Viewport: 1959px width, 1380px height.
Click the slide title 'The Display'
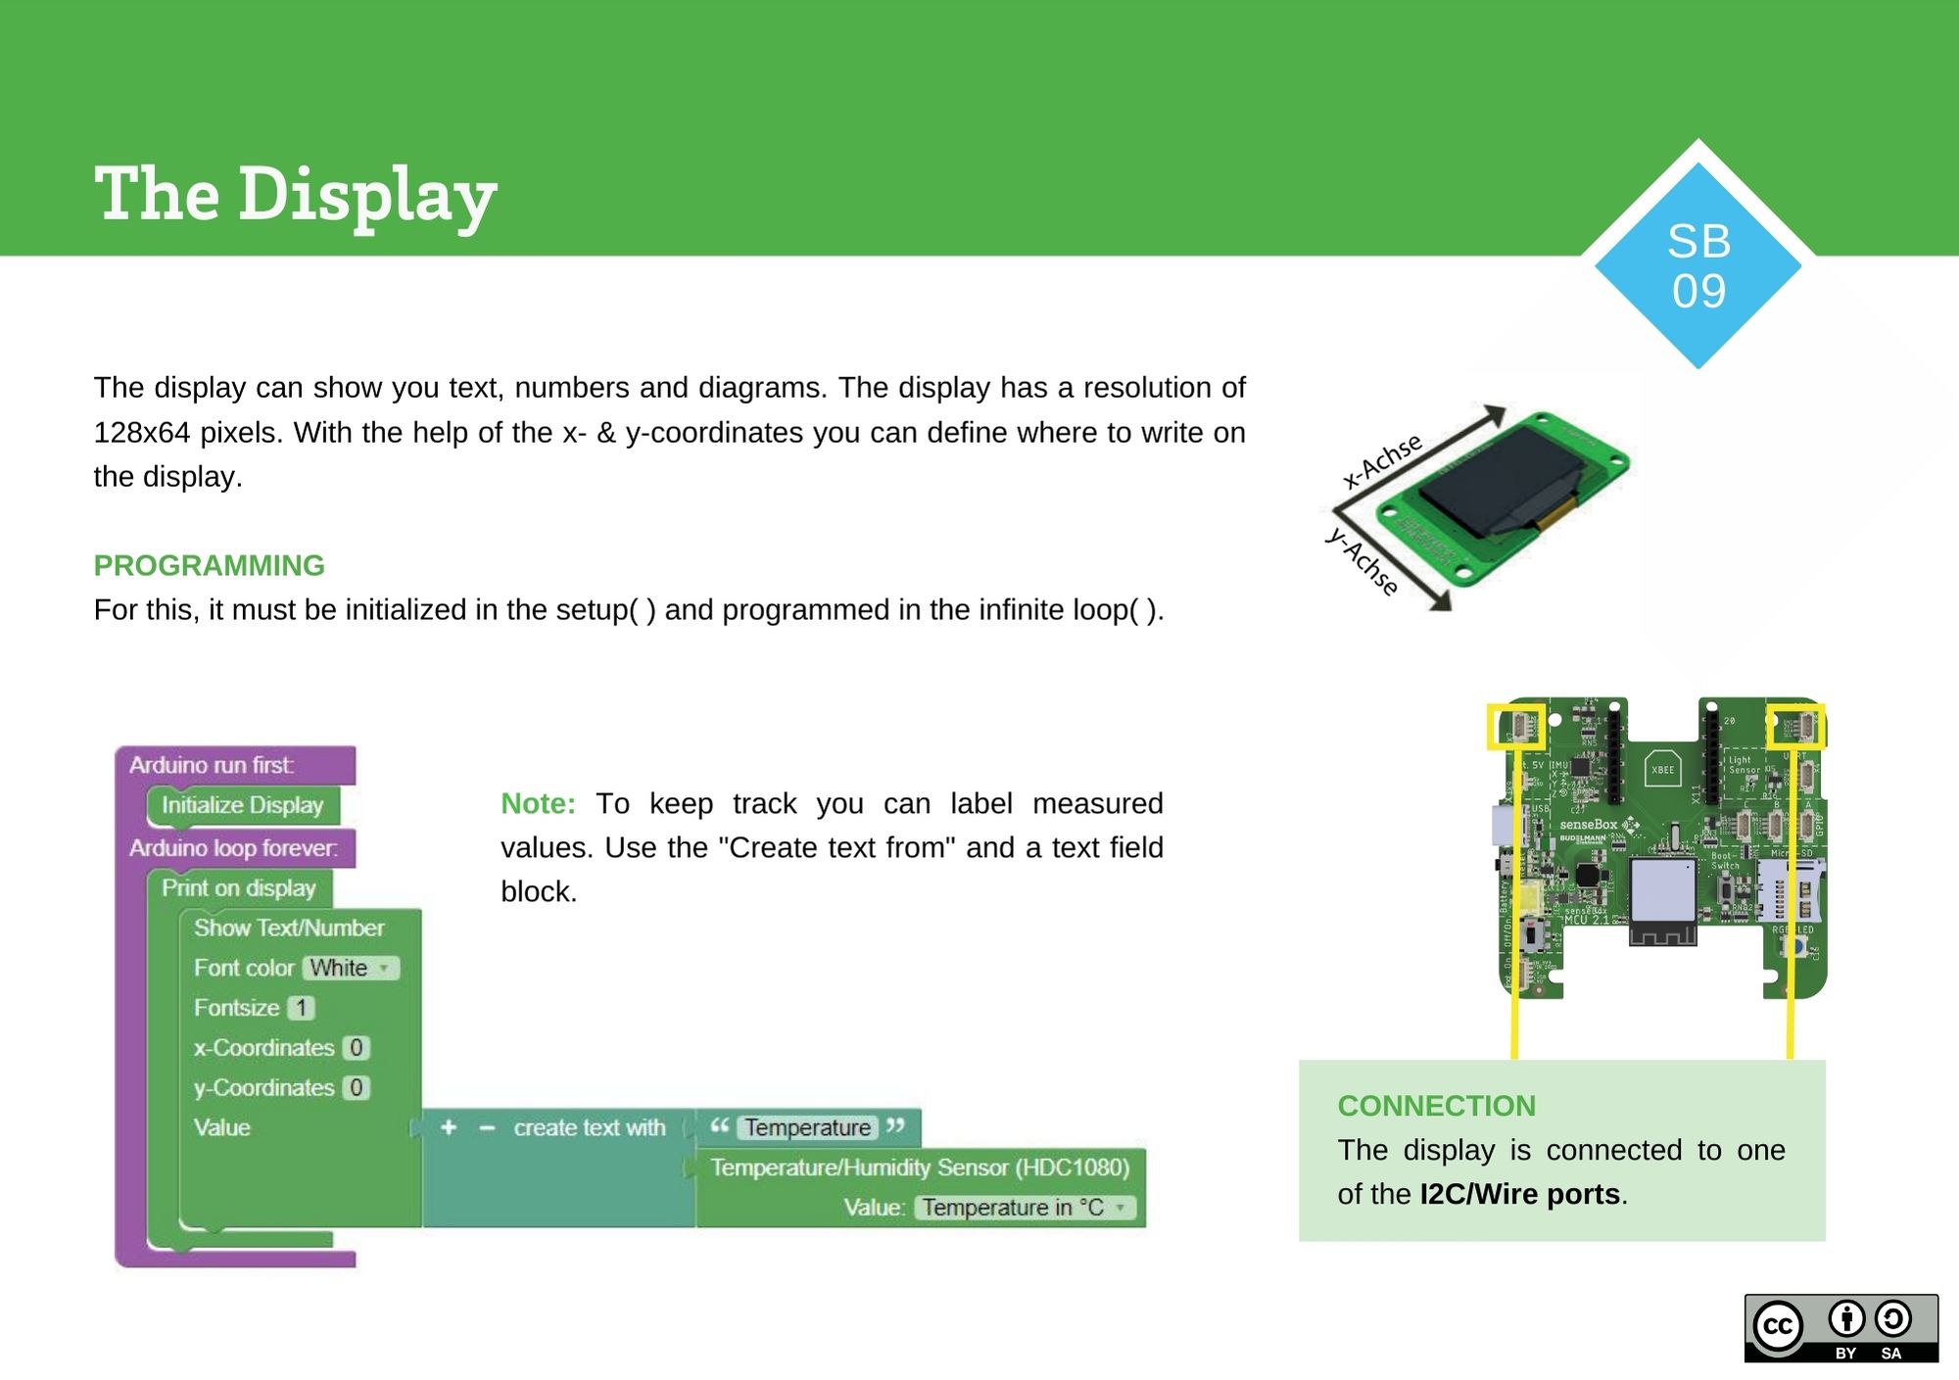click(x=295, y=194)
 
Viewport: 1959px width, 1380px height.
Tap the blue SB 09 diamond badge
click(x=1698, y=265)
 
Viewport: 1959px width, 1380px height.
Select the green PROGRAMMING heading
click(x=209, y=565)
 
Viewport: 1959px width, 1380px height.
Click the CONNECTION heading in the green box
click(x=1436, y=1106)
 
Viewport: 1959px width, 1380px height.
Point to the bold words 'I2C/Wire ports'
click(x=1519, y=1194)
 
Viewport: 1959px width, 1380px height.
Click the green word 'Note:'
click(x=538, y=803)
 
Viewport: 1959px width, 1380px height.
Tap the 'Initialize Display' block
click(x=242, y=805)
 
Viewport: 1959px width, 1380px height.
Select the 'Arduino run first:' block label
click(x=212, y=765)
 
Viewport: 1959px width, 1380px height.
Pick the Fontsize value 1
click(x=302, y=1008)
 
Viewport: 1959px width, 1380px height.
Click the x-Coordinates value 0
click(x=357, y=1048)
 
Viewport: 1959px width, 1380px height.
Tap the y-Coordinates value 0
click(x=357, y=1088)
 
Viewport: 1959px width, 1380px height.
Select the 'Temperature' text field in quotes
click(x=807, y=1127)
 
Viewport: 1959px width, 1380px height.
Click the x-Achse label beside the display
click(x=1381, y=460)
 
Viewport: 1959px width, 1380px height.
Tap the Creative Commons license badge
click(x=1840, y=1328)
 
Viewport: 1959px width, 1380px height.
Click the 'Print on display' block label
click(x=238, y=888)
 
